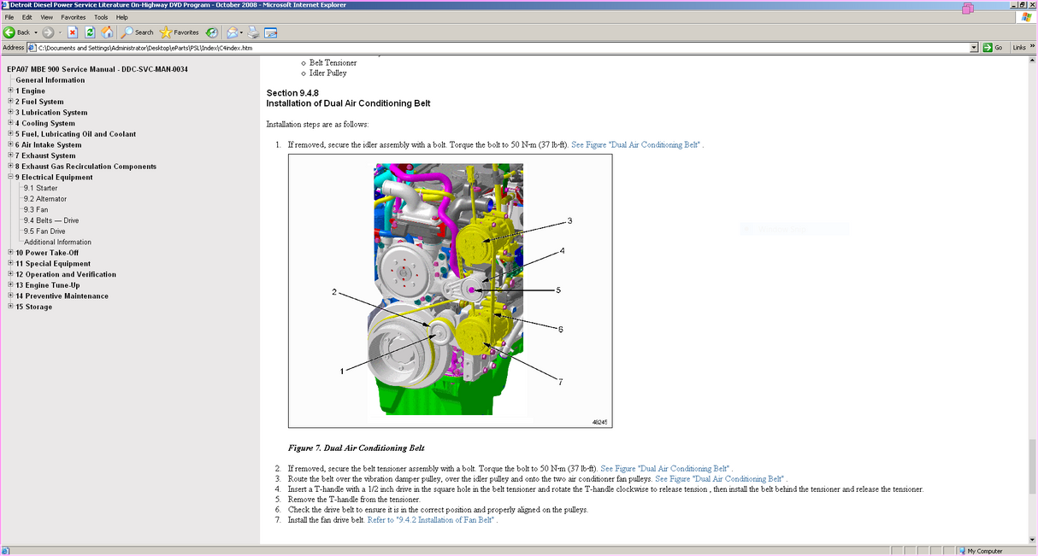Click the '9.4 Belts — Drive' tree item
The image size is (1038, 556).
[x=51, y=220]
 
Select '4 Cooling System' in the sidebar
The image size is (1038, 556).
[x=44, y=123]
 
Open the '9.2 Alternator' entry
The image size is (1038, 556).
[x=45, y=199]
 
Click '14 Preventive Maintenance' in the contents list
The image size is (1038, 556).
[x=62, y=296]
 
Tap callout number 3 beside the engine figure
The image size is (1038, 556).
[x=569, y=220]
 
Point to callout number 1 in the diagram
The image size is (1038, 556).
[x=342, y=372]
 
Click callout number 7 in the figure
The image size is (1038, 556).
[x=561, y=382]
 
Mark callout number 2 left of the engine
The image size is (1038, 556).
[x=334, y=292]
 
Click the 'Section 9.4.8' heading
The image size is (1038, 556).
[x=292, y=92]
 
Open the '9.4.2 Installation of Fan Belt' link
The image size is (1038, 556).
[x=431, y=519]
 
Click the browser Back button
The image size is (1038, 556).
[x=18, y=32]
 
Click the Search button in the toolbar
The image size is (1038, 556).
[x=138, y=32]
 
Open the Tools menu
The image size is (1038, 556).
[x=101, y=17]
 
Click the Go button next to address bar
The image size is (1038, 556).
[x=994, y=48]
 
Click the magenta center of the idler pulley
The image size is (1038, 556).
[x=472, y=291]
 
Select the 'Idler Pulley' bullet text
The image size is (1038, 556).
[x=328, y=73]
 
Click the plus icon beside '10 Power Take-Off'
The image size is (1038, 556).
[x=10, y=253]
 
